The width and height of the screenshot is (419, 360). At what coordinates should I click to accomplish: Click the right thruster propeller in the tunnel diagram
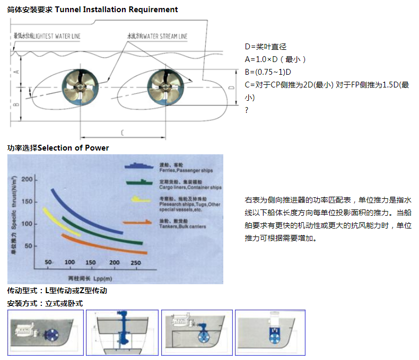coord(164,86)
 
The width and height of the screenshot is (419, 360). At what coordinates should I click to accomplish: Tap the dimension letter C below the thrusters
coord(123,131)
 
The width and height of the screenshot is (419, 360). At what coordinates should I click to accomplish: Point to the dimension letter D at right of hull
coord(231,86)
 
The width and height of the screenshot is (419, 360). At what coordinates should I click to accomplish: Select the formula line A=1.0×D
coord(276,59)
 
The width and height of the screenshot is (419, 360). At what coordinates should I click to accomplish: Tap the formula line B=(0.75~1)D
coord(268,72)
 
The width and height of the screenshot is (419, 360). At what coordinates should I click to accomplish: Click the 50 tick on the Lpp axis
coord(47,262)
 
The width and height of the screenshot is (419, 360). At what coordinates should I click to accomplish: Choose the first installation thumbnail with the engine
coord(46,332)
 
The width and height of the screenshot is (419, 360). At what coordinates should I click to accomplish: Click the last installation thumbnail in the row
coord(270,332)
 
